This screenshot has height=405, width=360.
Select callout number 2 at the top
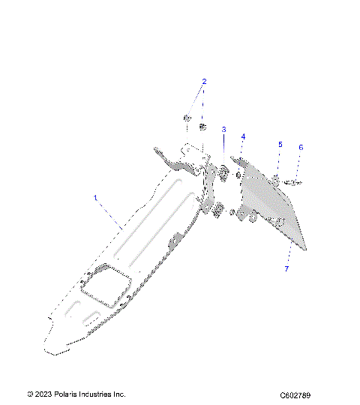[x=203, y=81]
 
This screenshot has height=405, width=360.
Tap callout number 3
[x=223, y=130]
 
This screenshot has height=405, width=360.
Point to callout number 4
[x=243, y=136]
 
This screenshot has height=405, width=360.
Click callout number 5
[x=280, y=144]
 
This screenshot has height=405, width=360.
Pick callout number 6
[x=301, y=148]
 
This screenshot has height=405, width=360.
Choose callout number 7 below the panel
[x=286, y=268]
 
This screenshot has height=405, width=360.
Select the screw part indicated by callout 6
[x=295, y=181]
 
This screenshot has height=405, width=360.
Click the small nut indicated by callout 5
[x=277, y=178]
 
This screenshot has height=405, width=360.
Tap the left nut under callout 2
[x=186, y=118]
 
